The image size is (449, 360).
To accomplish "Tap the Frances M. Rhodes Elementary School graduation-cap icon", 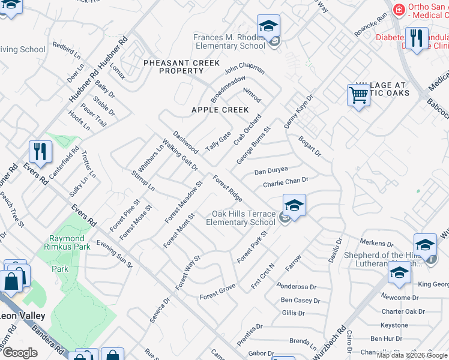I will pos(269,26).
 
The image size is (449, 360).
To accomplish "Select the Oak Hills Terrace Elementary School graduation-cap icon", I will pos(294,205).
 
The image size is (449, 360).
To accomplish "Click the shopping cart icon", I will pos(358,95).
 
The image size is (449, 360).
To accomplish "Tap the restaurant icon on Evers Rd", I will pos(40,151).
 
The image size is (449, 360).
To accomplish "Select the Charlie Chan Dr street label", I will pos(285,182).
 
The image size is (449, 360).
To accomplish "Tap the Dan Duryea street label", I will pos(271,171).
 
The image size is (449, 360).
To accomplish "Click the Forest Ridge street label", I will pos(228,188).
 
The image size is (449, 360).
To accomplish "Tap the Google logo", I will pos(19,353).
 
